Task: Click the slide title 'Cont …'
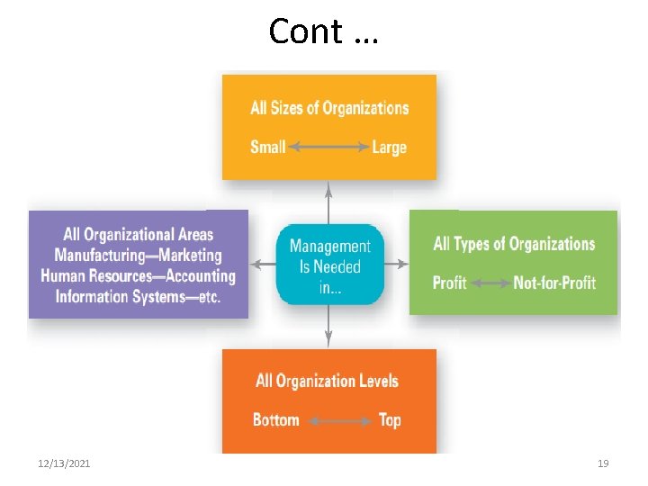[323, 31]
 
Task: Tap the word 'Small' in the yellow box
[267, 147]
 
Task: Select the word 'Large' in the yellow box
[389, 147]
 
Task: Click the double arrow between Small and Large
[328, 147]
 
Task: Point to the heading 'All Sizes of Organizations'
[329, 108]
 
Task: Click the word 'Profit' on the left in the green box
[449, 283]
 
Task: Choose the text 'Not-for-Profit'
[554, 283]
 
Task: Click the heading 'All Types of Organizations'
[514, 244]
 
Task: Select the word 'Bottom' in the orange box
[275, 419]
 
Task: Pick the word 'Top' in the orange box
[390, 419]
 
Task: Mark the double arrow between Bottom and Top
[339, 419]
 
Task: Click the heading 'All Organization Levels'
[327, 381]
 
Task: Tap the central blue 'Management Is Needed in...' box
[329, 265]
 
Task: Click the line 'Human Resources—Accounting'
[138, 275]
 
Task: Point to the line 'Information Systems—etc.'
[138, 296]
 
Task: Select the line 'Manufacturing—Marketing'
[138, 256]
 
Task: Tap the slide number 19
[603, 463]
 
